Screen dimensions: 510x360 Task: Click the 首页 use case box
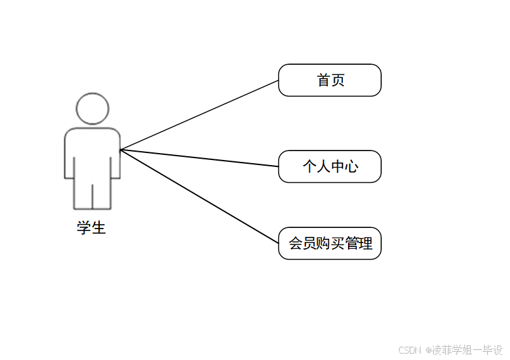[330, 80]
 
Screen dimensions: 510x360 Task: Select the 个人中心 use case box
[330, 166]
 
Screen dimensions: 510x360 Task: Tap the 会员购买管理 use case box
[330, 243]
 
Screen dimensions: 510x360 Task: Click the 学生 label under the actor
[91, 227]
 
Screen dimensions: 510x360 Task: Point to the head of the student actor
[92, 109]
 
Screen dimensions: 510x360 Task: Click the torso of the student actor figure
[92, 152]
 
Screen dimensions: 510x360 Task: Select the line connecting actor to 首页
[199, 115]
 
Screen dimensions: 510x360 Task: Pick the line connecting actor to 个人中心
[199, 158]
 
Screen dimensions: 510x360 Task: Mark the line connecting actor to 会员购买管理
[199, 196]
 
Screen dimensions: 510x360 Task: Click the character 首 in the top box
[324, 80]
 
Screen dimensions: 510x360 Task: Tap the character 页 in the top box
[338, 80]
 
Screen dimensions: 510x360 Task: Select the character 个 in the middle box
[309, 166]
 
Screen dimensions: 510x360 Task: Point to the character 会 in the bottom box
[295, 243]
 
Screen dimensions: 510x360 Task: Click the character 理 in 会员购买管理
[365, 243]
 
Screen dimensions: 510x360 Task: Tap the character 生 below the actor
[98, 227]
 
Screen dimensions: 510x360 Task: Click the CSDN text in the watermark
[410, 350]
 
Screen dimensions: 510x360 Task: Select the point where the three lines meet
[121, 150]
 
